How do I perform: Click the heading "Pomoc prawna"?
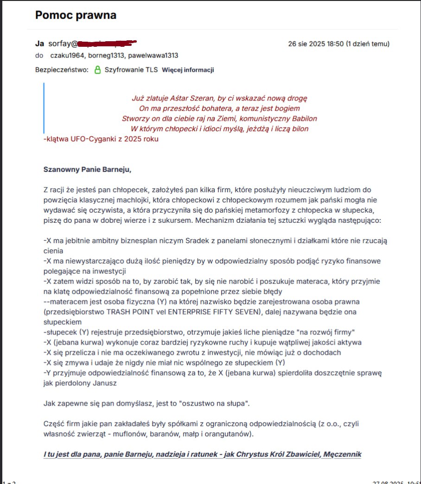[76, 15]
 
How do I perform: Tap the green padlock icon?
[97, 70]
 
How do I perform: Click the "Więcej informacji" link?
[187, 70]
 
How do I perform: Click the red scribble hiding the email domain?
[107, 44]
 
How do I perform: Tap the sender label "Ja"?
[39, 44]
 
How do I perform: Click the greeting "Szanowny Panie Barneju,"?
[87, 169]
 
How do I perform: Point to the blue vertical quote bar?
[44, 108]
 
